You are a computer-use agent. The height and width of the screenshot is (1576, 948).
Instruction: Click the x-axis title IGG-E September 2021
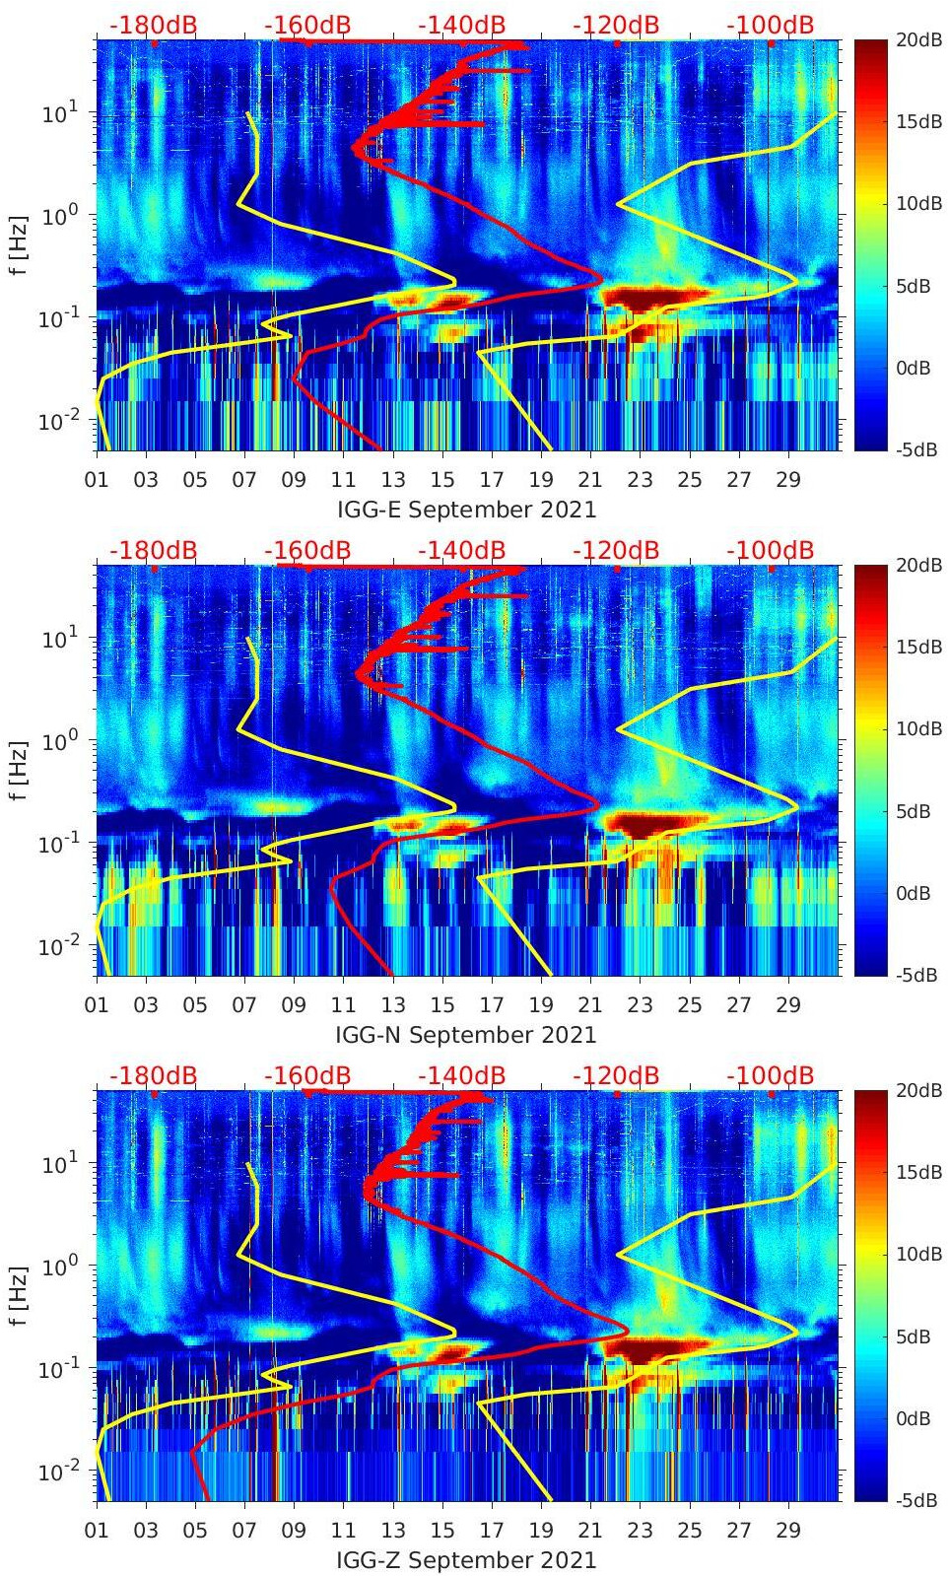[x=466, y=510]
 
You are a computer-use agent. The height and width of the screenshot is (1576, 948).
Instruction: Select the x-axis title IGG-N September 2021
[x=466, y=1035]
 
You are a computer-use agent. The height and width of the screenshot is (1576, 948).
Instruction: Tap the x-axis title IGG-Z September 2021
[x=466, y=1560]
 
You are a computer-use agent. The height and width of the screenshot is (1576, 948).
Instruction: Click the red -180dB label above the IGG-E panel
[x=153, y=25]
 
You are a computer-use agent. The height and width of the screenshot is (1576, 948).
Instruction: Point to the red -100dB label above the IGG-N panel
[x=770, y=550]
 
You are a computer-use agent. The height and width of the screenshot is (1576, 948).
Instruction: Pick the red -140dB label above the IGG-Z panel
[x=461, y=1075]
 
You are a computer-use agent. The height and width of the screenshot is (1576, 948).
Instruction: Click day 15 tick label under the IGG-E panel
[x=442, y=480]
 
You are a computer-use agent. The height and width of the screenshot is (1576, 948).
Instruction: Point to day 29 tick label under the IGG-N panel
[x=788, y=1005]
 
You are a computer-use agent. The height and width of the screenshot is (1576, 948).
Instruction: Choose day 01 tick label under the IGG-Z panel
[x=97, y=1531]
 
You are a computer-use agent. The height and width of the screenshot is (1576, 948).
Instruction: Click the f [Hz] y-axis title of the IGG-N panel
[x=19, y=770]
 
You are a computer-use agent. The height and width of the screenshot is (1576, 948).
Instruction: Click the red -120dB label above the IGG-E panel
[x=616, y=25]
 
